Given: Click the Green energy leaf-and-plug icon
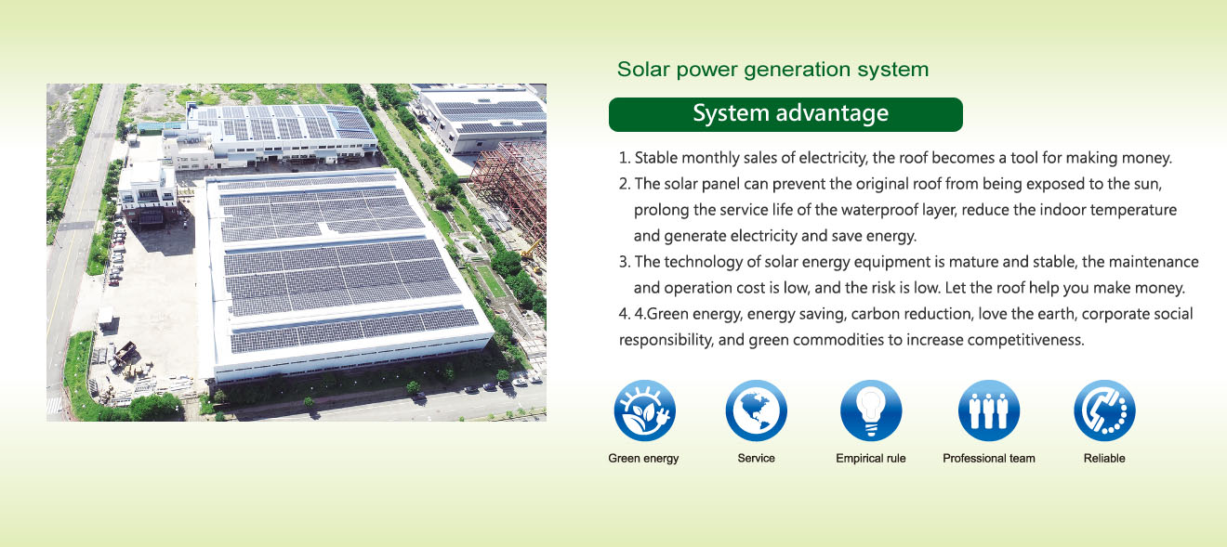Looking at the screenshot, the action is pos(645,410).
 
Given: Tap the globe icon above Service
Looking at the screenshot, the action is pos(756,410).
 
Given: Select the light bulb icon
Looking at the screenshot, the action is pos(871,410).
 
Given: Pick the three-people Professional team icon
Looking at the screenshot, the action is pos(989,410).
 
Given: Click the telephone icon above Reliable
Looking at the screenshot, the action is pos(1104,410).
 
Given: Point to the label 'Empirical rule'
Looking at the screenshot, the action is pos(871,459).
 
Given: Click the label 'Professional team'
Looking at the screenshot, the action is pos(989,459).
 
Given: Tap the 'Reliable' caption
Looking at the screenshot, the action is pos(1104,459).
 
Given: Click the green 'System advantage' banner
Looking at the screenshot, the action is pos(785,114).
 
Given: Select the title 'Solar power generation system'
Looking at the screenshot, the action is pos(772,70).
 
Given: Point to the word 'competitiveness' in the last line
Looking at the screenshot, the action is pos(1025,340).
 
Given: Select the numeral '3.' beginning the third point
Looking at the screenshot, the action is pos(625,262).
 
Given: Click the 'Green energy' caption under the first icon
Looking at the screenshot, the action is pos(643,459).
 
